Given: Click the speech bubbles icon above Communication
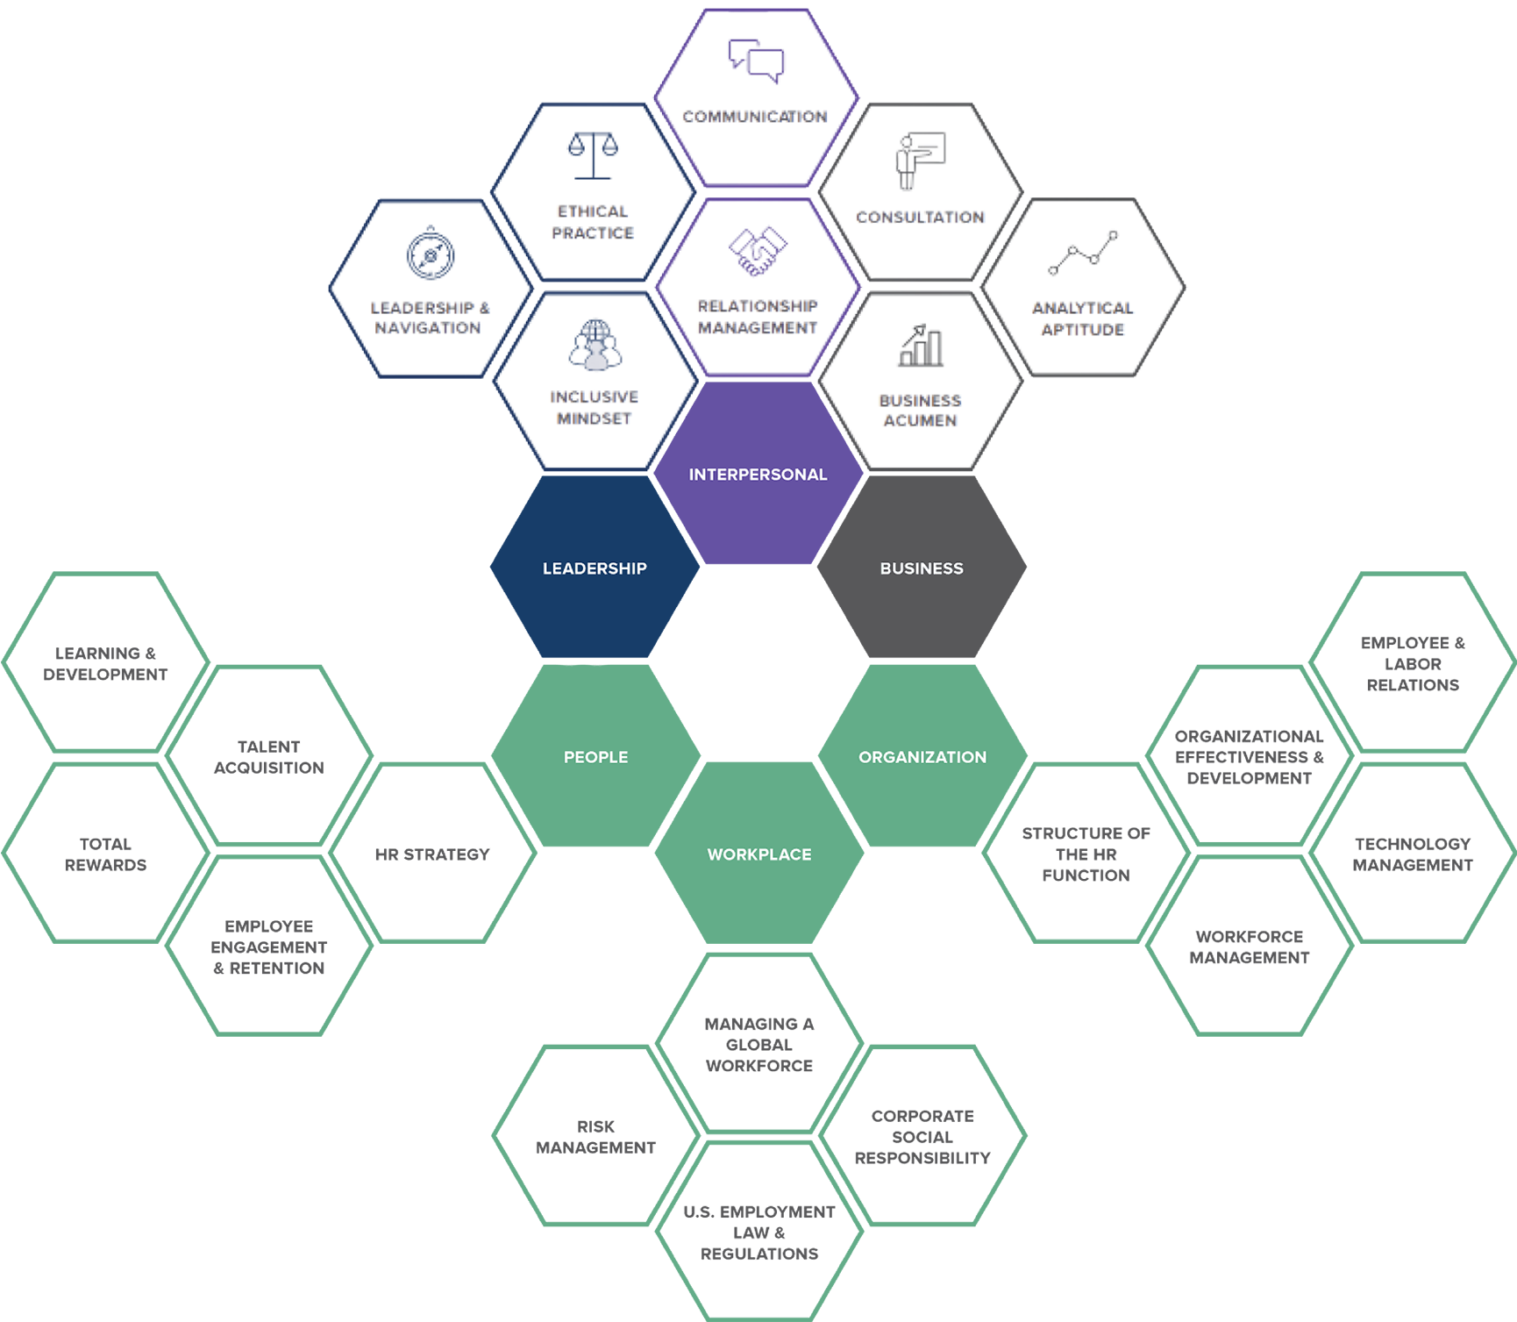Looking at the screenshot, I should pyautogui.click(x=756, y=61).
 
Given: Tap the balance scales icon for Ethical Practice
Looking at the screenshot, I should pyautogui.click(x=593, y=155).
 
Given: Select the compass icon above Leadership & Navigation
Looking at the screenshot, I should pyautogui.click(x=430, y=254).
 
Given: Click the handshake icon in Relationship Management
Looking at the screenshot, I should pyautogui.click(x=758, y=251).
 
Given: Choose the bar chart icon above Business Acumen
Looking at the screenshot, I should pyautogui.click(x=921, y=346).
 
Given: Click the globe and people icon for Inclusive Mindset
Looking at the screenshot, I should pyautogui.click(x=595, y=344).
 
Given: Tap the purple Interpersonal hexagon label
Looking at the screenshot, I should pyautogui.click(x=758, y=475).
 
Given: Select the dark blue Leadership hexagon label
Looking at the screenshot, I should pyautogui.click(x=595, y=568).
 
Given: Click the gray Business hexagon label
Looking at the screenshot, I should pyautogui.click(x=922, y=568).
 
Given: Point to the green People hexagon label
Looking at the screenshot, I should pyautogui.click(x=595, y=757).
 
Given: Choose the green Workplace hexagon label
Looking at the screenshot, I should pyautogui.click(x=759, y=854).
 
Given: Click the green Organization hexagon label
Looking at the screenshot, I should pyautogui.click(x=922, y=757).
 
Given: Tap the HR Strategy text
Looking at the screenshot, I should pyautogui.click(x=432, y=854).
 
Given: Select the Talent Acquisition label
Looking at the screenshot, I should pyautogui.click(x=269, y=757).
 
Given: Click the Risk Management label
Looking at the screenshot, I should pyautogui.click(x=595, y=1137).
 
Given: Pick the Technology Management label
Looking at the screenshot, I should pyautogui.click(x=1413, y=854).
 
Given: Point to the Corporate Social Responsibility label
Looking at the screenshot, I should pyautogui.click(x=922, y=1137).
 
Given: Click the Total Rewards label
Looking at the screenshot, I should pyautogui.click(x=105, y=854).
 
